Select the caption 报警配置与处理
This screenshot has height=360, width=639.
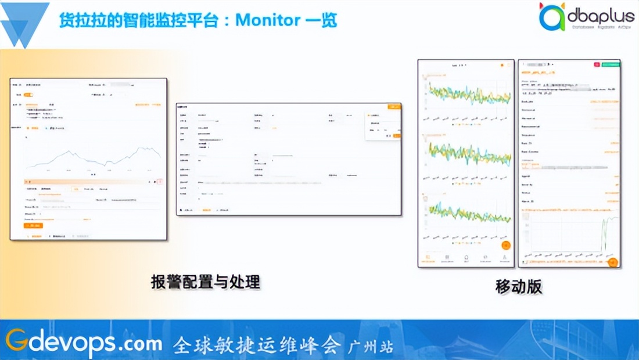point(205,283)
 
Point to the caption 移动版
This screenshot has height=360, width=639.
point(519,286)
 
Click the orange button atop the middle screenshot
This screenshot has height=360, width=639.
point(394,106)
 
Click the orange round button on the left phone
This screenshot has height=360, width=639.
point(505,245)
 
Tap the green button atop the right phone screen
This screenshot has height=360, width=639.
point(610,64)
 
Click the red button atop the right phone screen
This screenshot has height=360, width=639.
point(597,64)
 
